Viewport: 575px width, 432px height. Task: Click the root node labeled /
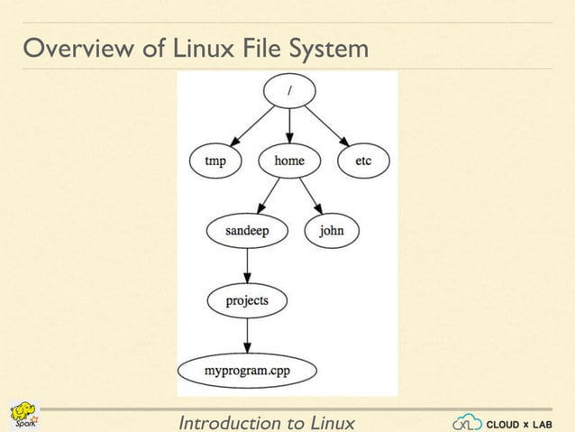pyautogui.click(x=288, y=89)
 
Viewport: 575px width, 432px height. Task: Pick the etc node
pyautogui.click(x=362, y=162)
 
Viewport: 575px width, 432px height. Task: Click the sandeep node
pyautogui.click(x=246, y=231)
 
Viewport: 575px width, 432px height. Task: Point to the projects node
pyautogui.click(x=246, y=299)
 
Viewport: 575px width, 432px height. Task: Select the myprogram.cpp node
pyautogui.click(x=246, y=370)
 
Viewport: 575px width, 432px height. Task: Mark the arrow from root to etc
pyautogui.click(x=325, y=125)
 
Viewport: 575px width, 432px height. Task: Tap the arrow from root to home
pyautogui.click(x=288, y=125)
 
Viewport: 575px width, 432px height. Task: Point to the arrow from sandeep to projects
pyautogui.click(x=246, y=265)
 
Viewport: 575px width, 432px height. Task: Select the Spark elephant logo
pyautogui.click(x=23, y=416)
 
